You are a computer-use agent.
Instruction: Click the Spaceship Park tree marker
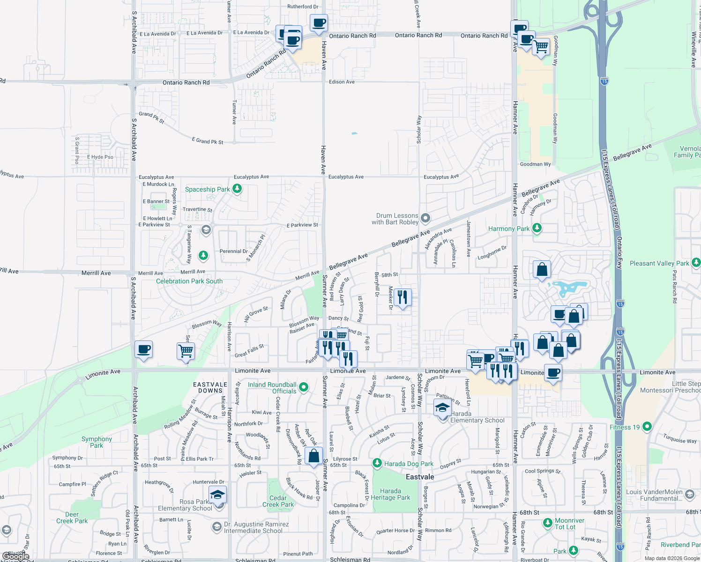[237, 189]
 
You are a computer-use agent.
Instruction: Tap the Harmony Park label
[509, 229]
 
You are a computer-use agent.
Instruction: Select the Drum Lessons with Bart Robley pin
[425, 218]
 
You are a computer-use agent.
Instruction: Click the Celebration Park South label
[189, 281]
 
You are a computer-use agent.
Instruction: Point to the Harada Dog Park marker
[377, 463]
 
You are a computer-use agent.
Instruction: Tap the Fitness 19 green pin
[647, 426]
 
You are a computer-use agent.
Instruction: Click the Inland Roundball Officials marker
[304, 387]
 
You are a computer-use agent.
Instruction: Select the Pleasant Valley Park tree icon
[696, 262]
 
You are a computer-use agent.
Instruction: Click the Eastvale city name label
[420, 477]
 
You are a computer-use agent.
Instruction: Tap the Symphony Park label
[97, 442]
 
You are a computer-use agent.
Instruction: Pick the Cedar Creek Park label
[278, 501]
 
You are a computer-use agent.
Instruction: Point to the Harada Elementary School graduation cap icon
[442, 408]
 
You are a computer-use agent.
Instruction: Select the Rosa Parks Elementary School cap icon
[217, 495]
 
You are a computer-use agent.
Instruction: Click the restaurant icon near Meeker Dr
[403, 297]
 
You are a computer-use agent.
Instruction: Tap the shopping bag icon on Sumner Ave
[313, 456]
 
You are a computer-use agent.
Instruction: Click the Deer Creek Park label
[72, 518]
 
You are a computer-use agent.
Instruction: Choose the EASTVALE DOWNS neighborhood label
[210, 387]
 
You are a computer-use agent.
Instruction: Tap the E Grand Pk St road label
[208, 141]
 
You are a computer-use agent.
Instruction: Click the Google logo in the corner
[15, 557]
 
